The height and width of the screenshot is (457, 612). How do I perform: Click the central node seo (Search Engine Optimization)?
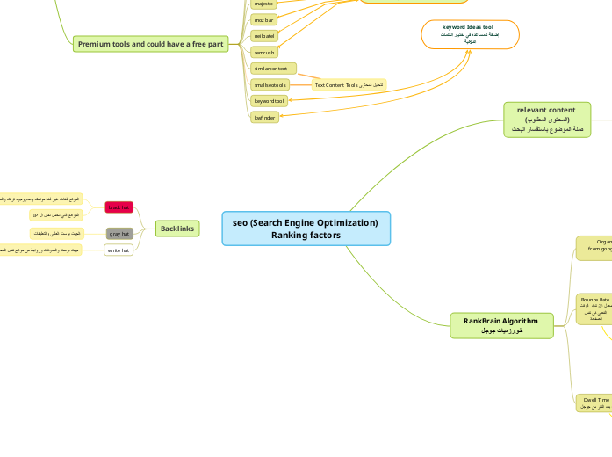pos(306,228)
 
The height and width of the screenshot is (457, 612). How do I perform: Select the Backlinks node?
pos(177,228)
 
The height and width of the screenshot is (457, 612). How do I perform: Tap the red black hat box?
pos(119,207)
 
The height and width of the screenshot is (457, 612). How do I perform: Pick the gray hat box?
pos(119,234)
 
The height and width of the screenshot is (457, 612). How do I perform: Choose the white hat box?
pos(119,250)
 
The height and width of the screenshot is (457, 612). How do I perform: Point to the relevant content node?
pos(546,119)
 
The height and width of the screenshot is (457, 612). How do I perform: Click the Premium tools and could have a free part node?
pos(151,44)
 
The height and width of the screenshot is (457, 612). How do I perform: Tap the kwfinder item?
pos(264,117)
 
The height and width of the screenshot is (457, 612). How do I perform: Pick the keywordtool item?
pos(268,101)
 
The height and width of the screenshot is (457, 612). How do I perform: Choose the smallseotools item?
pos(268,84)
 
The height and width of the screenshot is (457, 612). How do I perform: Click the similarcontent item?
pos(273,68)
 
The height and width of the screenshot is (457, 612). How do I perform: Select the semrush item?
pos(263,53)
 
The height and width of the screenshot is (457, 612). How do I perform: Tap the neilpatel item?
pos(264,36)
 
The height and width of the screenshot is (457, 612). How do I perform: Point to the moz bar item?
pos(263,19)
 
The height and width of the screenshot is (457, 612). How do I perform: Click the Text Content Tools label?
pos(349,84)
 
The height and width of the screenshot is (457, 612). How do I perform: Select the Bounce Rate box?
pos(594,308)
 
